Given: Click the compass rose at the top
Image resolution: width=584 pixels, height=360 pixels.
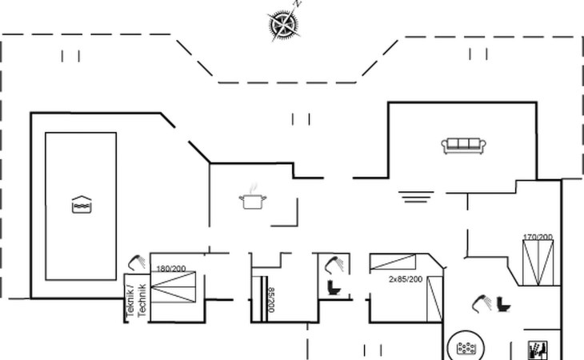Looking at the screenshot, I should [x=282, y=25].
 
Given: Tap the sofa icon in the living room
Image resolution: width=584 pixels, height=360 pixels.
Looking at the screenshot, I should [x=464, y=145].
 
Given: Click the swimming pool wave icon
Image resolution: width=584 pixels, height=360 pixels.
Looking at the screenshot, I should [x=80, y=205].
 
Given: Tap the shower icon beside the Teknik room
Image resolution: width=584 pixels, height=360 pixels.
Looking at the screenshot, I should [x=137, y=262].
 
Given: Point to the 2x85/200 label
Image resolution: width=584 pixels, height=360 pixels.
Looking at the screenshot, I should [x=406, y=280].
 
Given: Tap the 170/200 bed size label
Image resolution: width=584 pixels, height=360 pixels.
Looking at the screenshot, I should [x=538, y=237].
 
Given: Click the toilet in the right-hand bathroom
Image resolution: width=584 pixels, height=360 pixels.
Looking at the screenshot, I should [x=504, y=304].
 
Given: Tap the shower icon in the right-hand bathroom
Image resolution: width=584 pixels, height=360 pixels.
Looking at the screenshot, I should [x=482, y=302].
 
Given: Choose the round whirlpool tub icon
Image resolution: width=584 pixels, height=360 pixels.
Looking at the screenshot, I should [x=465, y=347].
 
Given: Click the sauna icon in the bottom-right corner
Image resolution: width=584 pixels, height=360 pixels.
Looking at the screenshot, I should [x=535, y=350].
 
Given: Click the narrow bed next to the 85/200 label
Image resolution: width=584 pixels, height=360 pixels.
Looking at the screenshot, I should [x=258, y=299].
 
